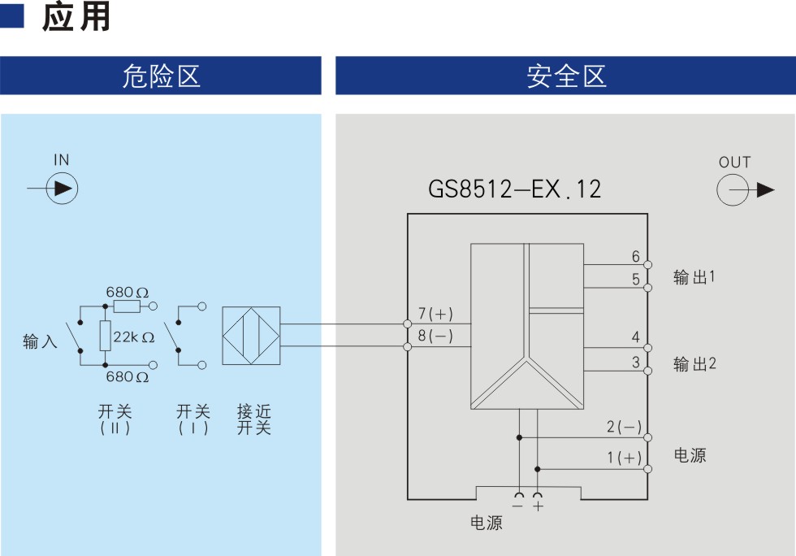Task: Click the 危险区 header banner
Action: point(161,76)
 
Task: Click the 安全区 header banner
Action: point(565,76)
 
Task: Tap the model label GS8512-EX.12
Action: point(515,189)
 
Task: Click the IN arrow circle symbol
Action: point(63,189)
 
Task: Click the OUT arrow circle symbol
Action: point(733,190)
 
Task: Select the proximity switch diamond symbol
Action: point(251,336)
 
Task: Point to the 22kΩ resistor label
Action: point(133,337)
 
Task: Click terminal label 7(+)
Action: point(435,314)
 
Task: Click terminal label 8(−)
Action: point(435,336)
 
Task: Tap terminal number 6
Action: point(636,257)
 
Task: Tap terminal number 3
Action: point(636,363)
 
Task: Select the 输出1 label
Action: point(694,277)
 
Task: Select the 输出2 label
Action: point(694,363)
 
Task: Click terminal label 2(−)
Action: point(624,428)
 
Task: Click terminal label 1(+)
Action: point(624,458)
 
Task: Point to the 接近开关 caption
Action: point(253,419)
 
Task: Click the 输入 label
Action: point(40,341)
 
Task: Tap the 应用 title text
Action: point(76,18)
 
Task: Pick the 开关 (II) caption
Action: point(115,419)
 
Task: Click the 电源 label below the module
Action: point(487,523)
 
